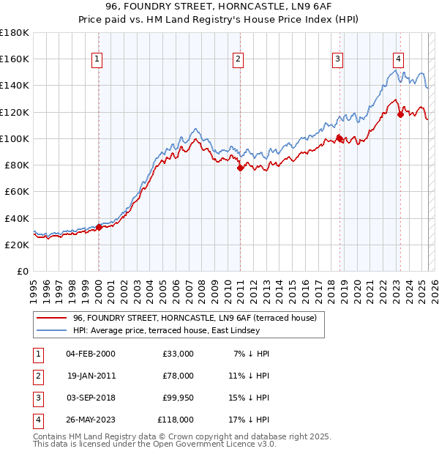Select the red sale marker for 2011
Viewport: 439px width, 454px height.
tap(240, 168)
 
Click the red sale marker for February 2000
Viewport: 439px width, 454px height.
tap(99, 227)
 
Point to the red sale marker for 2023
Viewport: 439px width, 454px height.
tap(400, 113)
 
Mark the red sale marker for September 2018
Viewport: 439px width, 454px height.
tap(339, 138)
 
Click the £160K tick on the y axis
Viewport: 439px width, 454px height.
tap(15, 59)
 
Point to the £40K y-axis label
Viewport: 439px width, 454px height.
tap(17, 218)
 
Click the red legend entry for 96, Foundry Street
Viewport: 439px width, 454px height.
tap(195, 318)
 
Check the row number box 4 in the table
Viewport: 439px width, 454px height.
tap(37, 420)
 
